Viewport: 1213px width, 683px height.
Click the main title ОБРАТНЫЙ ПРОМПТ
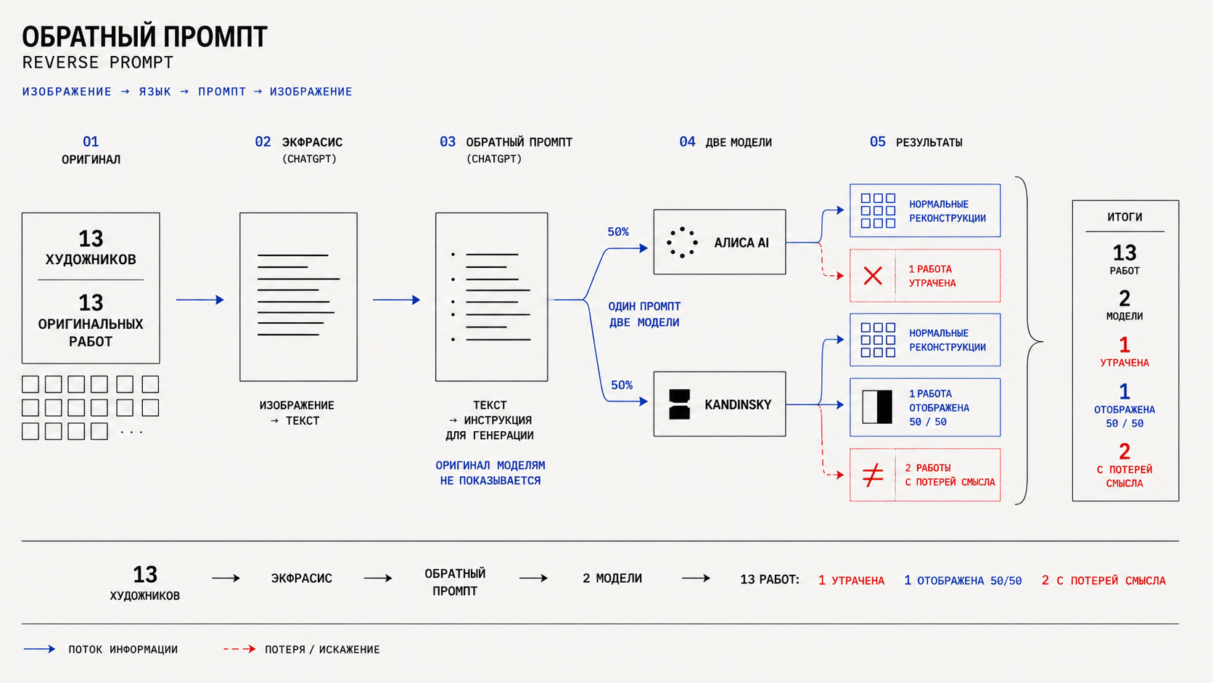(x=144, y=37)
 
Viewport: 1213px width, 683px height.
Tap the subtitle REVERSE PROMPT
(x=97, y=63)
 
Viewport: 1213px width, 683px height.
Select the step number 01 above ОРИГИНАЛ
(x=91, y=142)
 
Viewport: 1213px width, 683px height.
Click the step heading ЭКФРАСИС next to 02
(x=312, y=142)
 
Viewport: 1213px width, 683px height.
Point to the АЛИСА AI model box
(x=719, y=242)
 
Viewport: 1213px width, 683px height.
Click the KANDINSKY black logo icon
(x=680, y=404)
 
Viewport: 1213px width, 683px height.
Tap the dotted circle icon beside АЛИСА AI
(x=682, y=242)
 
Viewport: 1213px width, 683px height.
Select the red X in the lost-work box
(x=872, y=276)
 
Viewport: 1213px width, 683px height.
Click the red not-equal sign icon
(x=872, y=475)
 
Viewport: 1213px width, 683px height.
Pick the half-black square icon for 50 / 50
(x=877, y=406)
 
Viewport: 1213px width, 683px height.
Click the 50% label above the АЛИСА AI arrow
(x=618, y=232)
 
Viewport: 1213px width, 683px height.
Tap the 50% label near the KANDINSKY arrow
(x=622, y=385)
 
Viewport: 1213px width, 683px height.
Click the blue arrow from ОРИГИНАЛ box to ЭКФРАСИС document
(x=200, y=300)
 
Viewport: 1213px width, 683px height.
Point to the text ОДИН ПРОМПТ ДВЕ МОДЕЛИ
(x=644, y=314)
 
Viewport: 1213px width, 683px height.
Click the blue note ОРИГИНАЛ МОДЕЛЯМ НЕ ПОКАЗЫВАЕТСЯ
(x=490, y=473)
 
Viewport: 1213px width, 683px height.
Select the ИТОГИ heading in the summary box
(x=1124, y=217)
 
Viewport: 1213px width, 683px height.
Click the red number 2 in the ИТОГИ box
(x=1124, y=451)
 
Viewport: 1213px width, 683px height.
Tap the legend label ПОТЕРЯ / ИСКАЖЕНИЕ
(x=322, y=650)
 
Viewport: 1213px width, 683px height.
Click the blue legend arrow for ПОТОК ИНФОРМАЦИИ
(x=39, y=649)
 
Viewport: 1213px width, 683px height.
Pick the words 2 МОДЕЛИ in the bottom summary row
(x=612, y=578)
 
